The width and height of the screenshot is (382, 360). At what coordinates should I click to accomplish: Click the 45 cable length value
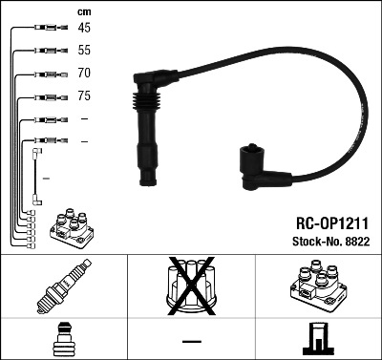[83, 28]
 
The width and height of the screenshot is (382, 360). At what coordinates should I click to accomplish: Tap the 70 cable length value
[83, 73]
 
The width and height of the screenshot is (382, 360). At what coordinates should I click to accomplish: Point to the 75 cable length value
[83, 95]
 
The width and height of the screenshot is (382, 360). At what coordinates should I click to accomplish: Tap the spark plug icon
[63, 288]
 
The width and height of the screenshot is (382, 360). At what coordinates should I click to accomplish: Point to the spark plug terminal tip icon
[63, 340]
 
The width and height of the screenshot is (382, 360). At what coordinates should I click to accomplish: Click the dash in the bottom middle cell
[191, 341]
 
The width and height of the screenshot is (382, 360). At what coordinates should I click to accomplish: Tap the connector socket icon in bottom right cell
[318, 340]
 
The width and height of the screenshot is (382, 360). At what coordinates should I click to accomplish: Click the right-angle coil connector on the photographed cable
[259, 168]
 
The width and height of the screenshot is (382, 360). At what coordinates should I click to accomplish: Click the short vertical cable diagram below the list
[37, 176]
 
